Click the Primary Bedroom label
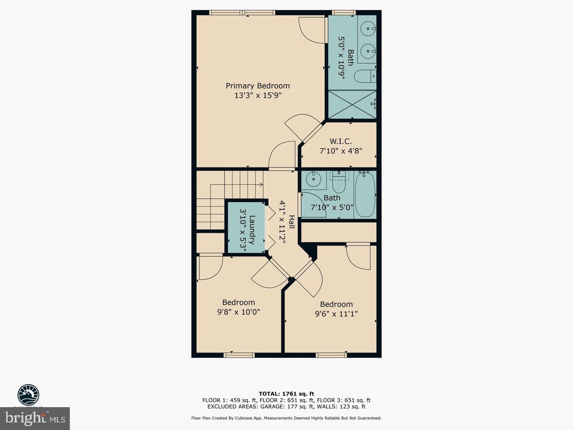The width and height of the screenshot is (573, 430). coord(257,86)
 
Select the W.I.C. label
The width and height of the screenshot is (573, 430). coord(341,141)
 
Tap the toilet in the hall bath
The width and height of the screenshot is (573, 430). coord(339,183)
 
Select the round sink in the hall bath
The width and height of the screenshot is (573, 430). coord(313,180)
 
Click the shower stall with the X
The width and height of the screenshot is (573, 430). coord(352,104)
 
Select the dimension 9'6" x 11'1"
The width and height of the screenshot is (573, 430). coord(336,314)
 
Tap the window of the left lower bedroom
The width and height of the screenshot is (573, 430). coord(239,355)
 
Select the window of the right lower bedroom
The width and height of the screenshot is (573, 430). coord(331,355)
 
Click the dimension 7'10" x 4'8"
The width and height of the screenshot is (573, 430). coord(341,151)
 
